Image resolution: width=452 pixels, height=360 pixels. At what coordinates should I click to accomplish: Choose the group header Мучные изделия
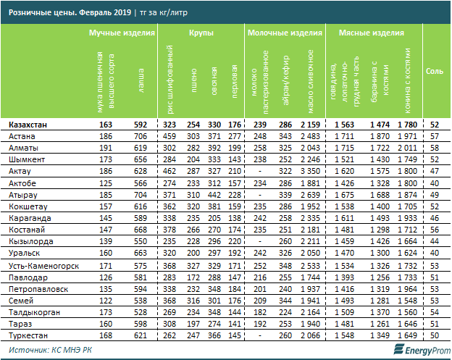[x=118, y=34]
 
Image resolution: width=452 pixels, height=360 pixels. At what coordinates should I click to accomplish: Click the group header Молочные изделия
[x=285, y=34]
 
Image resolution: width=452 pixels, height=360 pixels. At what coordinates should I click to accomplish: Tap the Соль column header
[x=435, y=71]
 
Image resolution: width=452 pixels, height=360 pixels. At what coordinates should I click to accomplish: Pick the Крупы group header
[x=201, y=34]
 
